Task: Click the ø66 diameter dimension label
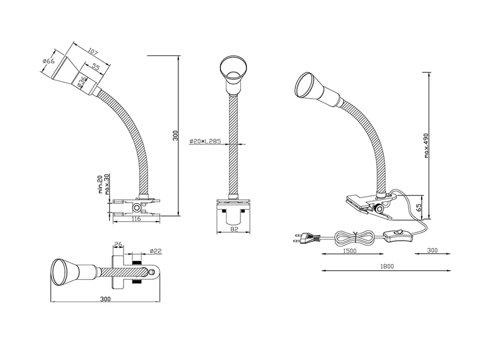pos(49,61)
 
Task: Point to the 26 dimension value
pos(117,244)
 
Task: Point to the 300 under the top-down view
pos(106,298)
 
